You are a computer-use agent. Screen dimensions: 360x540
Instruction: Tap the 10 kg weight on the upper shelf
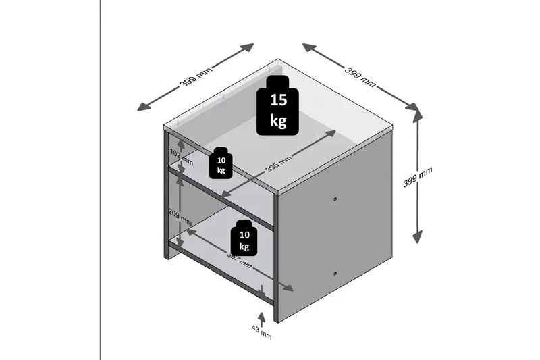(221, 163)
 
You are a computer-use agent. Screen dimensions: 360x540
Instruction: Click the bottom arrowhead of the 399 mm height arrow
(418, 237)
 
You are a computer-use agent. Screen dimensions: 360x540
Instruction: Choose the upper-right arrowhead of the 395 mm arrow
(331, 133)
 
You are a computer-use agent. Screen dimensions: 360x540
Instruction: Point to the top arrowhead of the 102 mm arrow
(180, 143)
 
